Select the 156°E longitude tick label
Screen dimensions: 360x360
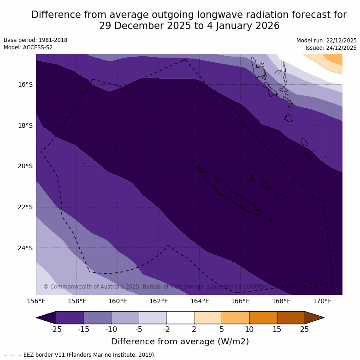36,301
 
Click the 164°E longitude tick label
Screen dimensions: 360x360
200,301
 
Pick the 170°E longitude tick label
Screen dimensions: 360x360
322,301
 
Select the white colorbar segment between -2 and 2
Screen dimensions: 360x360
180,318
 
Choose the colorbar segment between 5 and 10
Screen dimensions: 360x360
236,318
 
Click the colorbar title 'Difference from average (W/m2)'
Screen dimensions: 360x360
180,342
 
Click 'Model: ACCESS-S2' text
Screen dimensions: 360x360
28,47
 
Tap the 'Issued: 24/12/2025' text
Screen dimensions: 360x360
331,48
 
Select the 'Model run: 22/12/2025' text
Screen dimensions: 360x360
326,41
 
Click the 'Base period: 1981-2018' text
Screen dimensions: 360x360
35,40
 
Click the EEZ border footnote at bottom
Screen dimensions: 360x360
80,355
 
